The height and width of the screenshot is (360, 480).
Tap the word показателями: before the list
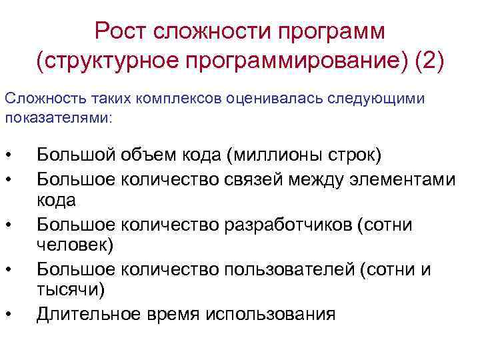[x=59, y=117]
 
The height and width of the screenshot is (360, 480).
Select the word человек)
[x=75, y=245]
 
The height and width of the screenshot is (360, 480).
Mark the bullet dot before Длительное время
[x=8, y=315]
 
